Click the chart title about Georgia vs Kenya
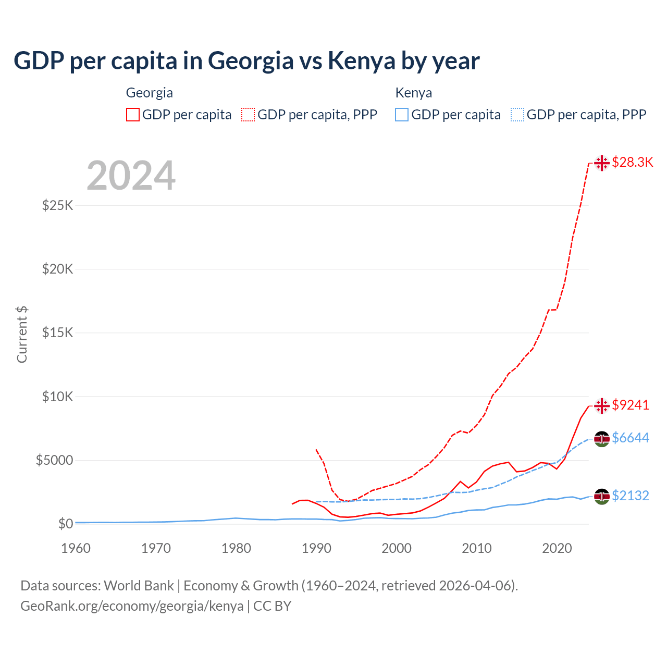click(246, 61)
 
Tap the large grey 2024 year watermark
click(131, 176)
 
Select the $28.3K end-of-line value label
click(632, 162)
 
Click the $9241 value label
click(631, 405)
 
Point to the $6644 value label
click(631, 438)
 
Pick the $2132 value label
click(631, 496)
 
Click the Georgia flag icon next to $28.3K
click(602, 163)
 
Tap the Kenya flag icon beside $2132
click(602, 497)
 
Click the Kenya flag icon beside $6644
click(602, 439)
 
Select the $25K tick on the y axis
click(58, 205)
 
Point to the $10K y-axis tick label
click(58, 397)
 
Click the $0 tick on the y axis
click(65, 524)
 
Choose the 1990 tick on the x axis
click(316, 548)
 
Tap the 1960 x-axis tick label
click(76, 548)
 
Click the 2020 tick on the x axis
click(557, 548)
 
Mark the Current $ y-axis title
click(22, 335)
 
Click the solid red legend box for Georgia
click(133, 115)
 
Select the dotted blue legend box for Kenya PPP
click(517, 115)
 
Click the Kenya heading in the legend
click(414, 93)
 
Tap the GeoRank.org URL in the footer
click(132, 606)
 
